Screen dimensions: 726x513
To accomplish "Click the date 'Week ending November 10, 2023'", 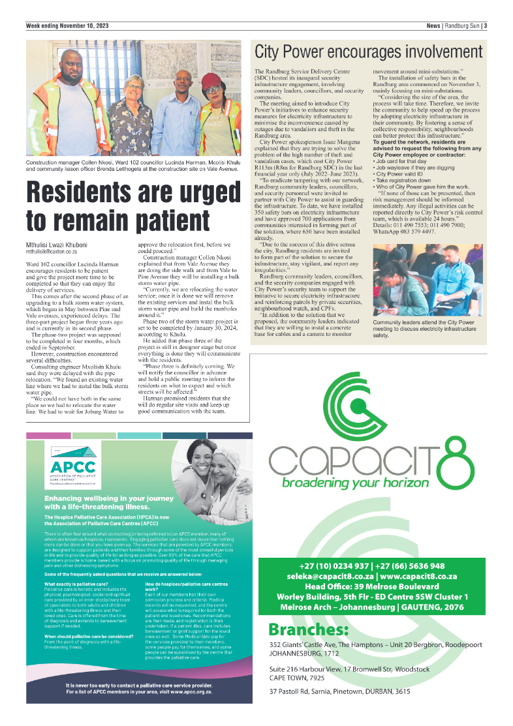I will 67,26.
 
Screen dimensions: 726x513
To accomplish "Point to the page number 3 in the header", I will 485,26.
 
